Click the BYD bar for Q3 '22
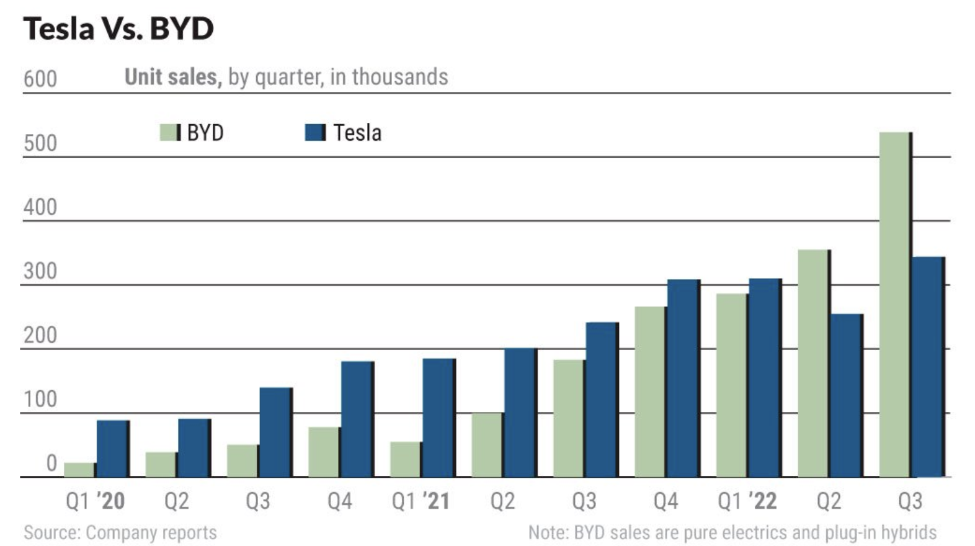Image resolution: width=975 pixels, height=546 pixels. (894, 304)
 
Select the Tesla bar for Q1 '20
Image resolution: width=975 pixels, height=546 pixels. (112, 449)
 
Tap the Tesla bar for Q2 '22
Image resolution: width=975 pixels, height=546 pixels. (846, 395)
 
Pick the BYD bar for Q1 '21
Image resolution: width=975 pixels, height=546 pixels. (406, 459)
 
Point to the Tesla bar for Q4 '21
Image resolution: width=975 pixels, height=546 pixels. (683, 378)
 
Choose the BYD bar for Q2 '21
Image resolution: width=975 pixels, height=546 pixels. (487, 445)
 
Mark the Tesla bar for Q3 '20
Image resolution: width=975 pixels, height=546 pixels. (275, 432)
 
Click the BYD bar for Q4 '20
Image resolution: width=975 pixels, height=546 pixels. (324, 452)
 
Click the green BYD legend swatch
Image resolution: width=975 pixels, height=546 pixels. (169, 132)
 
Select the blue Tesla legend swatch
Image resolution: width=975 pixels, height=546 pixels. (314, 132)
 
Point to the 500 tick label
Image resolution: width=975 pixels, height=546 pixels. (40, 143)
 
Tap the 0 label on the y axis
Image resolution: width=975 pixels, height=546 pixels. (51, 463)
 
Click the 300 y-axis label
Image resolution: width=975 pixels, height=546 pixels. (40, 271)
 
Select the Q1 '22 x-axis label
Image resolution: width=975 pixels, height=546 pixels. (747, 501)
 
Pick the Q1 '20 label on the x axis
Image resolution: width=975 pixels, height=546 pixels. (95, 501)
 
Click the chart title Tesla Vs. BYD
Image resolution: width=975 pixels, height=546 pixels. (118, 29)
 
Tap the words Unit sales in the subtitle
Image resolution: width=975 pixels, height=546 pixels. (172, 77)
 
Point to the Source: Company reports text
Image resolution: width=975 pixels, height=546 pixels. (120, 532)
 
